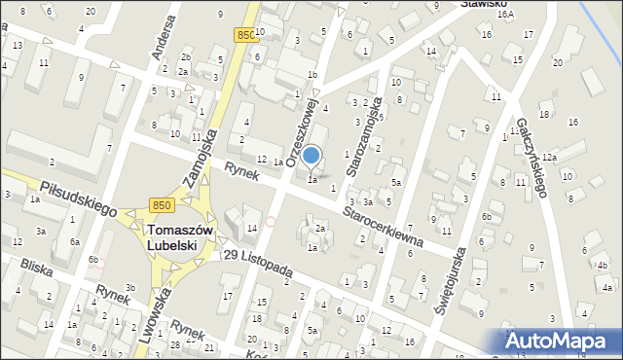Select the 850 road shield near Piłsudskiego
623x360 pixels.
(x=163, y=204)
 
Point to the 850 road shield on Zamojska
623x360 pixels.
(x=246, y=34)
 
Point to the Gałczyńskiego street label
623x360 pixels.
(x=533, y=153)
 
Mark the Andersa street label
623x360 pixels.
(x=162, y=38)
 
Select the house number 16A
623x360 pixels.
(x=504, y=15)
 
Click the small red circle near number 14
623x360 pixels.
(x=271, y=222)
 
